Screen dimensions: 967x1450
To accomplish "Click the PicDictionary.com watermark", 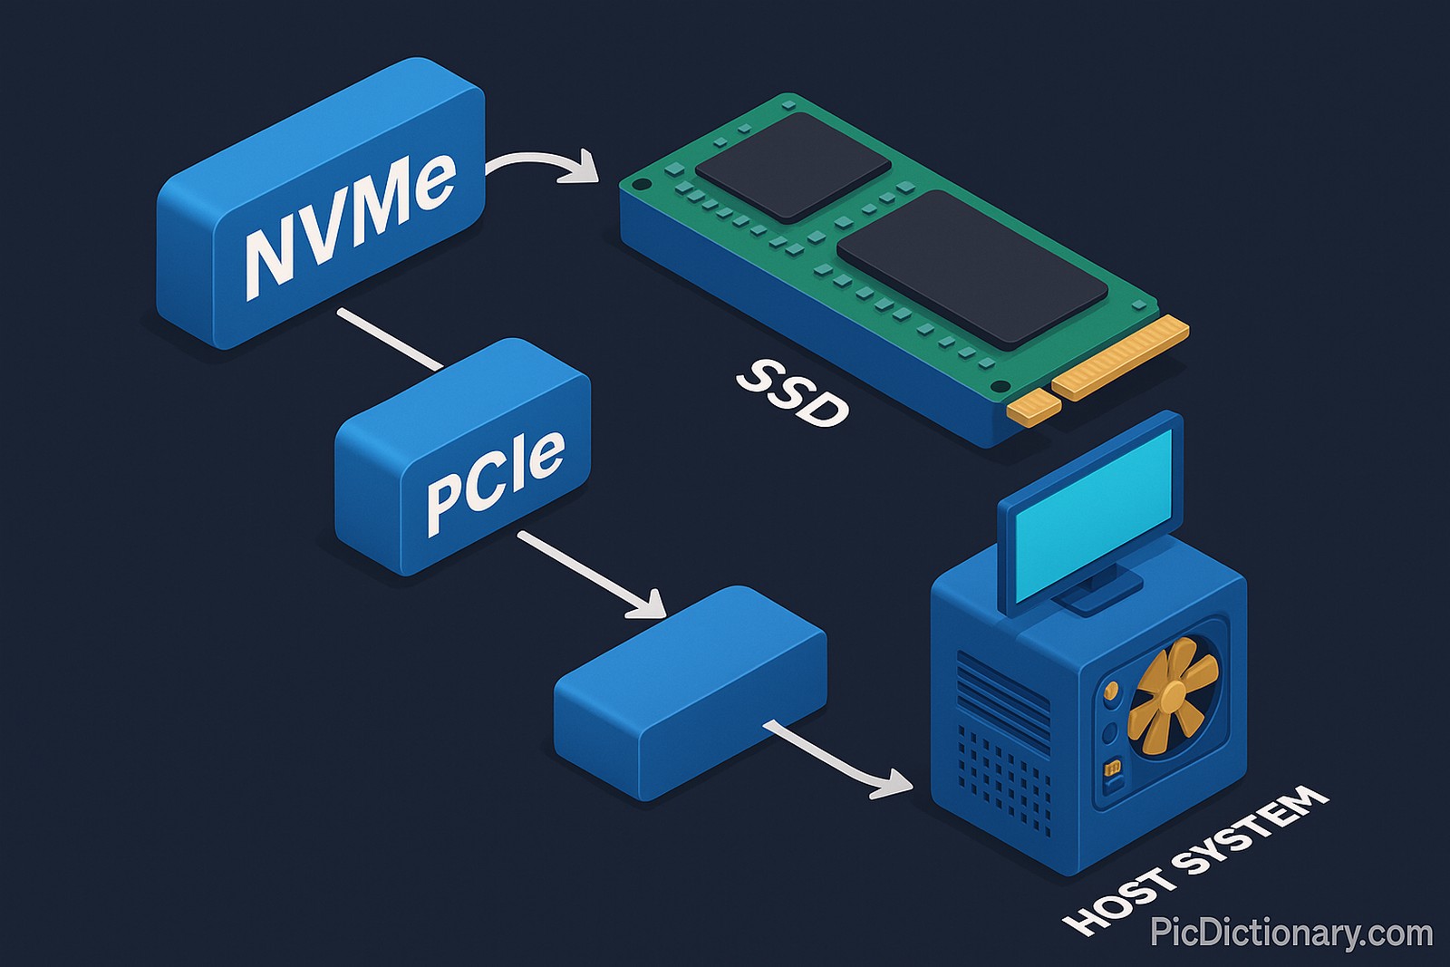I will [1290, 933].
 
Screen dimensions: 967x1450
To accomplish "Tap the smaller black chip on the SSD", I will [793, 166].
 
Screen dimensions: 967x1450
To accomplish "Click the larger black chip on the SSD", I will [971, 267].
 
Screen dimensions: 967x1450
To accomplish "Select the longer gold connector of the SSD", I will [1120, 358].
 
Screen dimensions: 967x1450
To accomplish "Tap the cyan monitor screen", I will [1092, 517].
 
